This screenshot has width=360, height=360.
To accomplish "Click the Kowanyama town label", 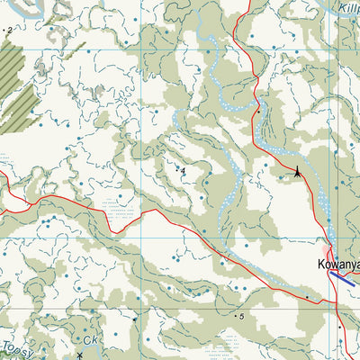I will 338,265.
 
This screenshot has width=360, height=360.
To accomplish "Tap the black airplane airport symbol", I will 298,172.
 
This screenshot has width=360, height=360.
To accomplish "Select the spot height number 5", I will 242,317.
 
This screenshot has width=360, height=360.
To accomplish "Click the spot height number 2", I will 10,31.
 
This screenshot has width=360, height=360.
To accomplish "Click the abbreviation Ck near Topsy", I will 89,342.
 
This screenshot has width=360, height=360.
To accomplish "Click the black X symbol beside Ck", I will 80,355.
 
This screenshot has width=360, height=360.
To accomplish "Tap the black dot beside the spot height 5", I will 236,316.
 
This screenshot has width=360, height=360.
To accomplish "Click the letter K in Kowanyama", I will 320,265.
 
